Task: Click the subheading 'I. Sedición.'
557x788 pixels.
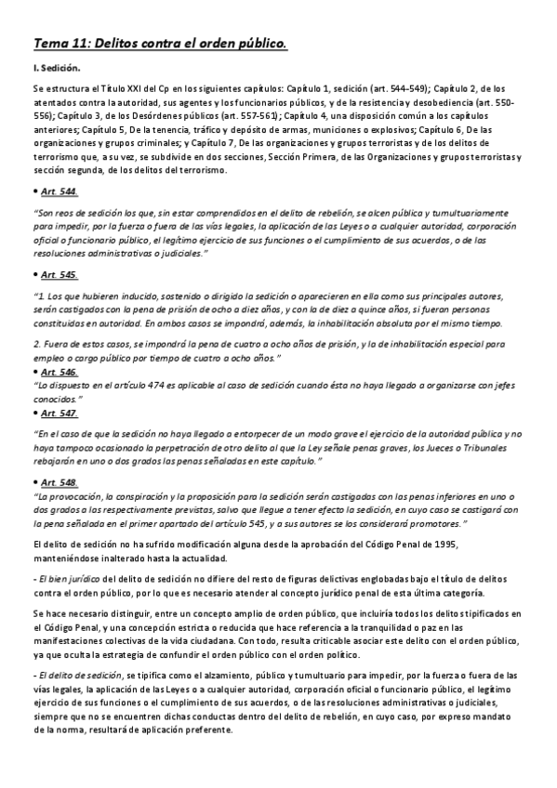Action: point(57,69)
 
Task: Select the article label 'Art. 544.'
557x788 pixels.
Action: point(60,191)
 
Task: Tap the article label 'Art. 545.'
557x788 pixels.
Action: point(60,275)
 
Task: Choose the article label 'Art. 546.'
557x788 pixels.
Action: point(60,371)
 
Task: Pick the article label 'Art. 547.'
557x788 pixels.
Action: point(60,413)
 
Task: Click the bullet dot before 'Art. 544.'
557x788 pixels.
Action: point(34,191)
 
